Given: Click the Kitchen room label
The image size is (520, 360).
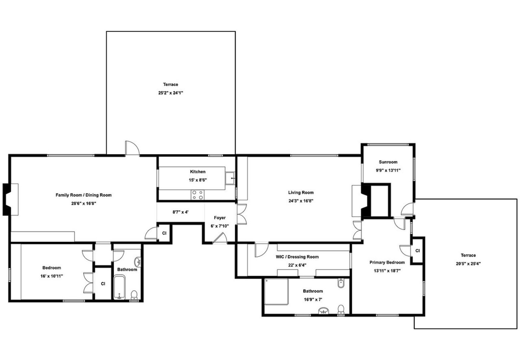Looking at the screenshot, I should pos(197,172).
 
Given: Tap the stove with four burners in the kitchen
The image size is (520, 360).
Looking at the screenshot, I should pos(197,195).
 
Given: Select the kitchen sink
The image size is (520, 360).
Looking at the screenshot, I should pos(230,178).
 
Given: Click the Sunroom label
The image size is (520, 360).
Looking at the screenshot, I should pos(388,162).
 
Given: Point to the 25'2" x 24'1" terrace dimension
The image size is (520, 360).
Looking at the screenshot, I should pos(171,93).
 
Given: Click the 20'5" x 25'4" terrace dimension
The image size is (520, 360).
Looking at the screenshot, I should pos(468,263).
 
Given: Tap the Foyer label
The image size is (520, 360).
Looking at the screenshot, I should pos(219,218).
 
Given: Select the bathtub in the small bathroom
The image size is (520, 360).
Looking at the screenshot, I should pos(119,287).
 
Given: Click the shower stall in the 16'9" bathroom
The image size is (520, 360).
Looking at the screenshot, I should pos(276,291).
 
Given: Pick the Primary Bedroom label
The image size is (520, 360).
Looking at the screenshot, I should pos(387,262).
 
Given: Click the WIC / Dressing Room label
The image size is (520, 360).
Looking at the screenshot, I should pos(297,257).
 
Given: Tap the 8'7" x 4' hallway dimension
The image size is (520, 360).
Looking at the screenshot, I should pos(180,212).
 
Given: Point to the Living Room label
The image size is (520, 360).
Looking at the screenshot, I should pos(301,192).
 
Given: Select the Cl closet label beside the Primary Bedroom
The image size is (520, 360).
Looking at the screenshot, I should pos(417,251).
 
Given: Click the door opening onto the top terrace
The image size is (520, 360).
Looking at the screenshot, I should pos(132,148).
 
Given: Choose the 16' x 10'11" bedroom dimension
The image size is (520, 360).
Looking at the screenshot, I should pos(51,276).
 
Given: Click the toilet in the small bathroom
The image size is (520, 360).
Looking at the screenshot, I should pos(134,295).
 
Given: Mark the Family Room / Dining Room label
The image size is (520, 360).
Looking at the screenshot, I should pos(83,195).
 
